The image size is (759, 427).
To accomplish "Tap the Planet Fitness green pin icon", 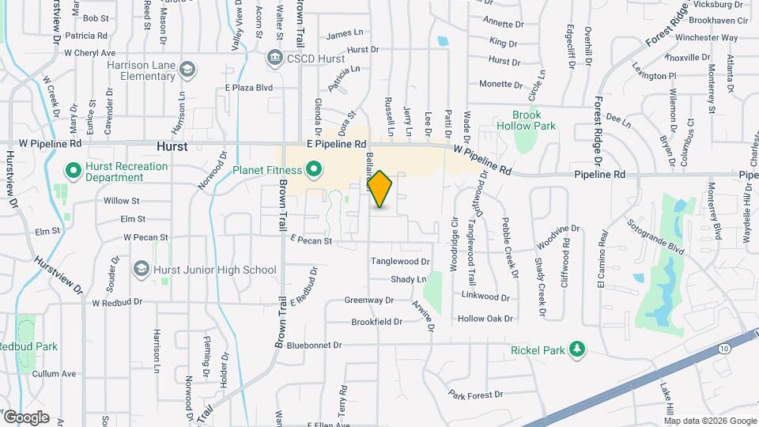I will (313, 169).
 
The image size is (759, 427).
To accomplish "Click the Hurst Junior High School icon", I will (142, 270).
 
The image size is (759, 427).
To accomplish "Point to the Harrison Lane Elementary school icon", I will (187, 69).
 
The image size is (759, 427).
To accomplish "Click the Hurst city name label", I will (172, 146).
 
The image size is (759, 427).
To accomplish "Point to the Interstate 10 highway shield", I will (724, 348).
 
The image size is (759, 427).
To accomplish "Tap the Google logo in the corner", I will (25, 418).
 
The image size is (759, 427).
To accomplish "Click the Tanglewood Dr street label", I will (400, 261).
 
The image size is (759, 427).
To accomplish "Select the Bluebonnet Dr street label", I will (314, 346).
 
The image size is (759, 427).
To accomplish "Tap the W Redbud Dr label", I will (117, 302).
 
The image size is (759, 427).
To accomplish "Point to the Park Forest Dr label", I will (475, 395).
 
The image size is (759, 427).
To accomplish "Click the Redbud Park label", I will (28, 346).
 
